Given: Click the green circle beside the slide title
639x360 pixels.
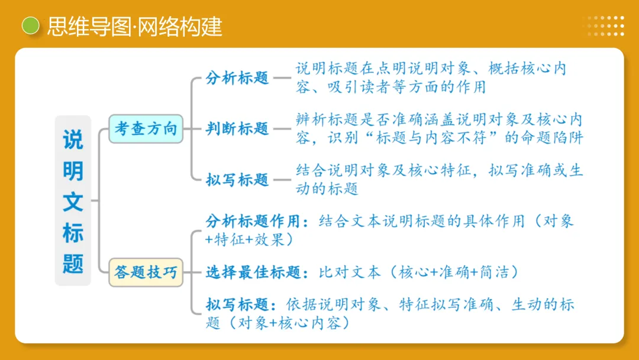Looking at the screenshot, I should [x=30, y=26].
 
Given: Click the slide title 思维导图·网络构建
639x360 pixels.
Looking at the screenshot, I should [x=134, y=27].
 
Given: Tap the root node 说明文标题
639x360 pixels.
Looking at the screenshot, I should [x=73, y=201].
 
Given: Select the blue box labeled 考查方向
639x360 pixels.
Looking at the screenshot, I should [x=146, y=128].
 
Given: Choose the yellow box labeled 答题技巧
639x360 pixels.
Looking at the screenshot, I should [x=146, y=272].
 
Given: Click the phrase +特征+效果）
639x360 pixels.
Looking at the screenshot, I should [x=248, y=239].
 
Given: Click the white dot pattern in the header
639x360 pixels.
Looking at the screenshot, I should [x=603, y=26].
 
